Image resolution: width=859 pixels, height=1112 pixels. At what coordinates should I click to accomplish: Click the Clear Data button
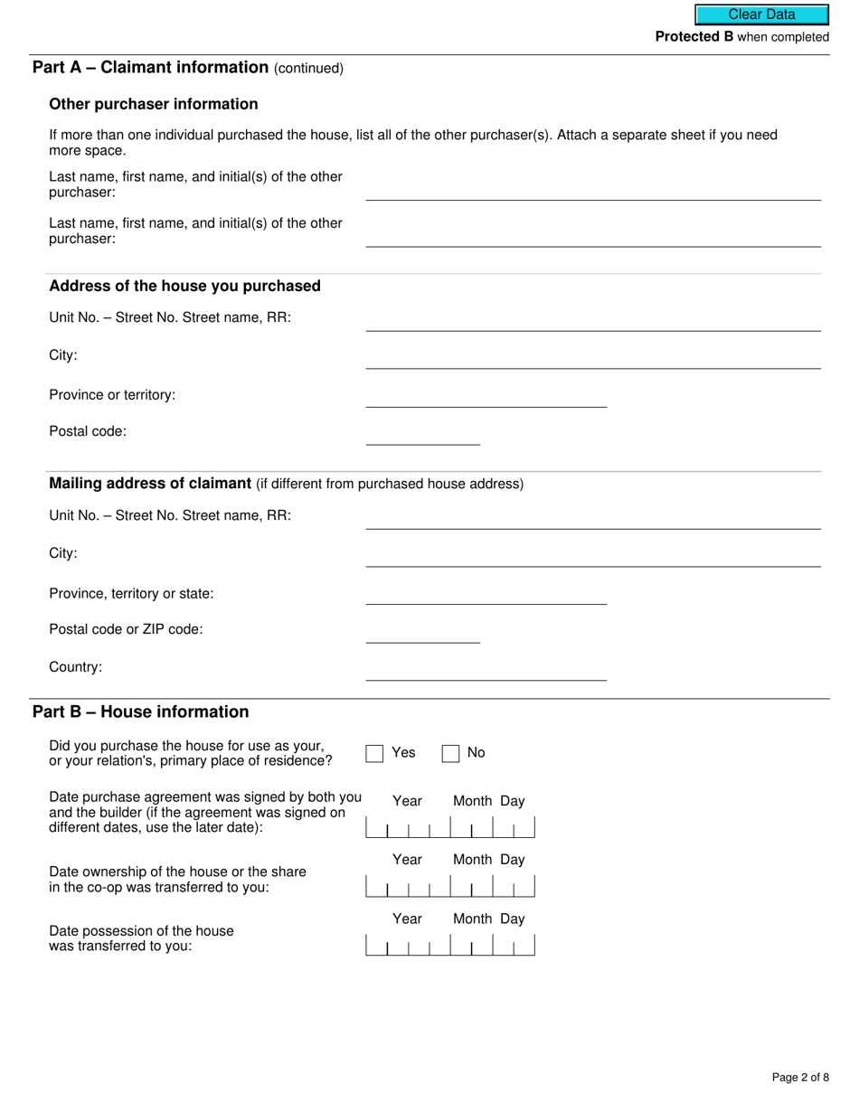[x=761, y=14]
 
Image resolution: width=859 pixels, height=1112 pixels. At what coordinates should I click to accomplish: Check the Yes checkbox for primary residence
[x=375, y=753]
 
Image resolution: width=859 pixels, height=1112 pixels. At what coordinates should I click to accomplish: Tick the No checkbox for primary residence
[x=450, y=753]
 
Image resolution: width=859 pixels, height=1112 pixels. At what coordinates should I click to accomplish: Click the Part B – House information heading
[x=140, y=711]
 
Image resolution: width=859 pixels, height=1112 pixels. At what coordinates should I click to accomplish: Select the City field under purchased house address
[x=592, y=358]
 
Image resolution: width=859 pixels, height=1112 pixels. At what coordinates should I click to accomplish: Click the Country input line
[x=486, y=670]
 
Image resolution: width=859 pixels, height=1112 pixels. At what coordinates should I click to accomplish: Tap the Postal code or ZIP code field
[x=422, y=633]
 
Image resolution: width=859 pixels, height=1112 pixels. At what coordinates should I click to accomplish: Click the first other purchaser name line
[x=592, y=190]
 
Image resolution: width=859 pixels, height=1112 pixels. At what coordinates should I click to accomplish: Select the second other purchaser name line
[x=592, y=236]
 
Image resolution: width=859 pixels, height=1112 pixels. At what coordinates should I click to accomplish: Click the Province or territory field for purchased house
[x=486, y=397]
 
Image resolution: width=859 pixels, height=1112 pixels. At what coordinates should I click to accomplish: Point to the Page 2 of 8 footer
[x=800, y=1077]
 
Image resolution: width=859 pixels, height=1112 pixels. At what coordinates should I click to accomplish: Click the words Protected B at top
[x=694, y=37]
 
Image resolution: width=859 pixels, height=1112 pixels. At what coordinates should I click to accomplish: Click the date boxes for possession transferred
[x=449, y=946]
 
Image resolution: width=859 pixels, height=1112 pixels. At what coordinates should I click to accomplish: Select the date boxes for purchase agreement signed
[x=449, y=828]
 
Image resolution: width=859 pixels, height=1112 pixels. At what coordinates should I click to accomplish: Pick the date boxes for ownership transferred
[x=449, y=887]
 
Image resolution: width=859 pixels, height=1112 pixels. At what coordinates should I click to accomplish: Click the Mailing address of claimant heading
[x=150, y=484]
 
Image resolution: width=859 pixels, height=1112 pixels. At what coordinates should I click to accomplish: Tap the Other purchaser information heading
[x=154, y=104]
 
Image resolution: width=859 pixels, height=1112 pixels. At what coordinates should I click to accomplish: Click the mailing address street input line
[x=592, y=519]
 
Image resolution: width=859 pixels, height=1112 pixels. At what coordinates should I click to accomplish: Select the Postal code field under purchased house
[x=422, y=435]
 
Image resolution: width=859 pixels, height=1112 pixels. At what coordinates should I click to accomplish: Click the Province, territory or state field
[x=486, y=594]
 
